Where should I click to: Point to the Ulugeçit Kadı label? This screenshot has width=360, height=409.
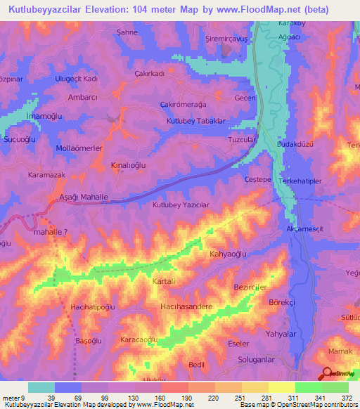point(80,79)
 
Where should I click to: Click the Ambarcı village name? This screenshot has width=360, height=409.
point(80,98)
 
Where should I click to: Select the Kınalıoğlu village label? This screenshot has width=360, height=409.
point(128,164)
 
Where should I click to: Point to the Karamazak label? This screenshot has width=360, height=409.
point(47,174)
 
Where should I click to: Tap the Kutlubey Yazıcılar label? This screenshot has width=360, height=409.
point(181,204)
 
